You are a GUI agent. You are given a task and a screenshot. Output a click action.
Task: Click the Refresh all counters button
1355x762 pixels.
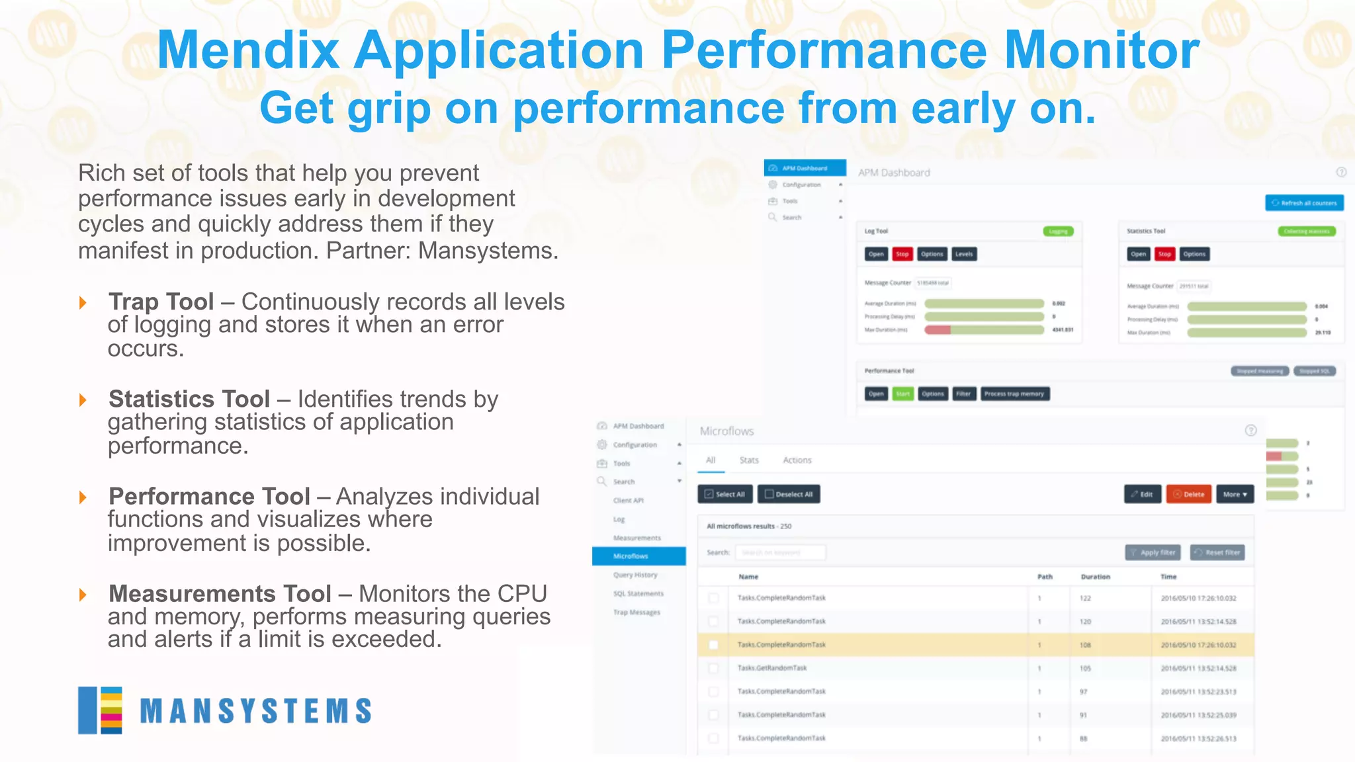[x=1304, y=203]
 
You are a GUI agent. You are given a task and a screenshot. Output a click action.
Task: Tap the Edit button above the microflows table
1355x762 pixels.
[x=1142, y=494]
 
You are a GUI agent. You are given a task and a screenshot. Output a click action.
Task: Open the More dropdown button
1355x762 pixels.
[x=1235, y=494]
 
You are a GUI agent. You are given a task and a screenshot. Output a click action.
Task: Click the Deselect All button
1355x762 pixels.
[x=789, y=494]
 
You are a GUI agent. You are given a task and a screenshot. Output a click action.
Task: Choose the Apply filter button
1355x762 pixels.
[x=1153, y=552]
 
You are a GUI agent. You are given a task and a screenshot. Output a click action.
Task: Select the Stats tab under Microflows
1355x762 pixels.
[x=749, y=460]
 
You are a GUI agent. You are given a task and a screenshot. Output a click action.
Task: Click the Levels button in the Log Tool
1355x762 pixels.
[x=964, y=254]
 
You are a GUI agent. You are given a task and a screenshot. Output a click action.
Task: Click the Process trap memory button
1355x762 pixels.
[x=1014, y=394]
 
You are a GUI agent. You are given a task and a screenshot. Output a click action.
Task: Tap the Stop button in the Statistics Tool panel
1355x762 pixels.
[x=1164, y=254]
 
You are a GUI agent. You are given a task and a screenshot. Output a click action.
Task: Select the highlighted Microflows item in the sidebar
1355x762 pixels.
[x=638, y=556]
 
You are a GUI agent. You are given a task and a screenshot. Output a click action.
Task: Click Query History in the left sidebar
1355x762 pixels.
[x=635, y=575]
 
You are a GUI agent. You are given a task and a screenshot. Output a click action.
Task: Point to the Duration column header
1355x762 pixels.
[x=1096, y=577]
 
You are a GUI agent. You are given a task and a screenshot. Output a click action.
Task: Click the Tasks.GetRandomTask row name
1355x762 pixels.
[x=772, y=668]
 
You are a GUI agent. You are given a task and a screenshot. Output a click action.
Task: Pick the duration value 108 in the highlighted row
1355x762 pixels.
[x=1085, y=645]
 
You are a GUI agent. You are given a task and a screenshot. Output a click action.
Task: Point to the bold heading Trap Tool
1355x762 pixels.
[x=161, y=302]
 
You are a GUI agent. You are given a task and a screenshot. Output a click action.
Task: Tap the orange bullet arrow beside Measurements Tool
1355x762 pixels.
[x=83, y=595]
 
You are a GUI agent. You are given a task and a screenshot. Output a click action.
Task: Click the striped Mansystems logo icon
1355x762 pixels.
[x=100, y=710]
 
